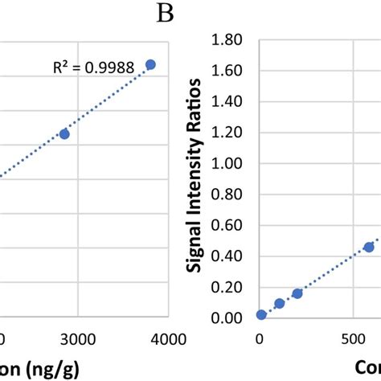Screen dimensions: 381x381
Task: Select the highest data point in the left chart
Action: click(150, 64)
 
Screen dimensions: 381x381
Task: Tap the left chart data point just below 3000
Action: click(64, 133)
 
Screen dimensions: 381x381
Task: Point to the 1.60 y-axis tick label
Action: click(227, 72)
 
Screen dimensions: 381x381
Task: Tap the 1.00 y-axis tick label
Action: click(227, 164)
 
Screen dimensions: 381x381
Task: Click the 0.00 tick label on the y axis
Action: click(227, 318)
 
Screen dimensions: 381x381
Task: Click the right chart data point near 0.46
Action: click(369, 247)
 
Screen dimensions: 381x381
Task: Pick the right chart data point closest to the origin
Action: click(261, 314)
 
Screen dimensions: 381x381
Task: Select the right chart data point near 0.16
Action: click(297, 293)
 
